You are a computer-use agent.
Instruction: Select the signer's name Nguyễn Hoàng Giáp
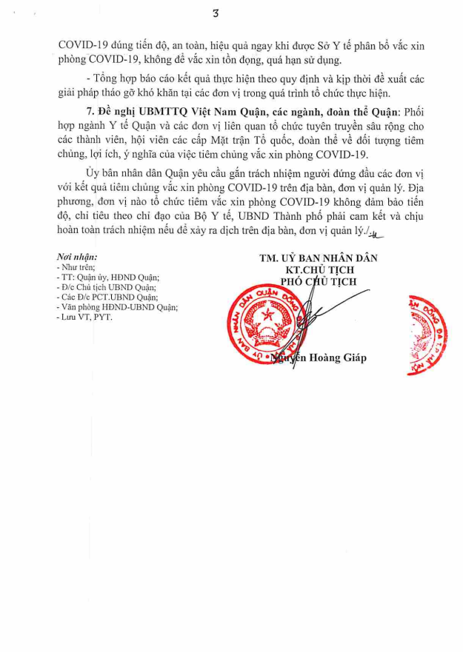[x=320, y=358]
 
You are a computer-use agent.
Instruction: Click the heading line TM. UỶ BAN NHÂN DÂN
[x=319, y=258]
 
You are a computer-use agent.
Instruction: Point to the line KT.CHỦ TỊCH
[x=319, y=270]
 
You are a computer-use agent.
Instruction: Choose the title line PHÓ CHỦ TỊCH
[x=319, y=282]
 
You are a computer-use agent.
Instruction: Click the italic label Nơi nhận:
[x=76, y=257]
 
